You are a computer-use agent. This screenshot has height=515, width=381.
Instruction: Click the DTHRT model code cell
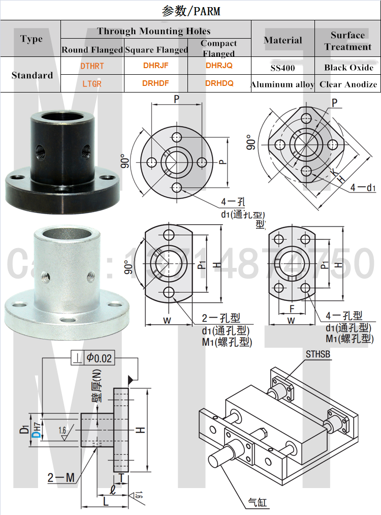pyautogui.click(x=92, y=66)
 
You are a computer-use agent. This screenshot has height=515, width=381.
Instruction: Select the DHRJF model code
pyautogui.click(x=156, y=66)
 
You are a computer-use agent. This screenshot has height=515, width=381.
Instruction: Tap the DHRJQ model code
pyautogui.click(x=219, y=65)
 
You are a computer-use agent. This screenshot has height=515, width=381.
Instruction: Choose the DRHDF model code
pyautogui.click(x=156, y=83)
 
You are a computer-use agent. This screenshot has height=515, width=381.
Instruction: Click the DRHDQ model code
pyautogui.click(x=219, y=83)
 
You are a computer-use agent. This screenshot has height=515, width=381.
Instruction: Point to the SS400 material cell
pyautogui.click(x=283, y=67)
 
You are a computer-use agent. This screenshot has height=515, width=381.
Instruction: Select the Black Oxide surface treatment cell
pyautogui.click(x=348, y=67)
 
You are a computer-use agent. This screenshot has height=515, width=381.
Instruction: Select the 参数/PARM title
pyautogui.click(x=190, y=11)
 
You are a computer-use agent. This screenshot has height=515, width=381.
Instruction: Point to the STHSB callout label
pyautogui.click(x=319, y=354)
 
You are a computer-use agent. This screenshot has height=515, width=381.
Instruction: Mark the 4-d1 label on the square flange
pyautogui.click(x=363, y=188)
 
